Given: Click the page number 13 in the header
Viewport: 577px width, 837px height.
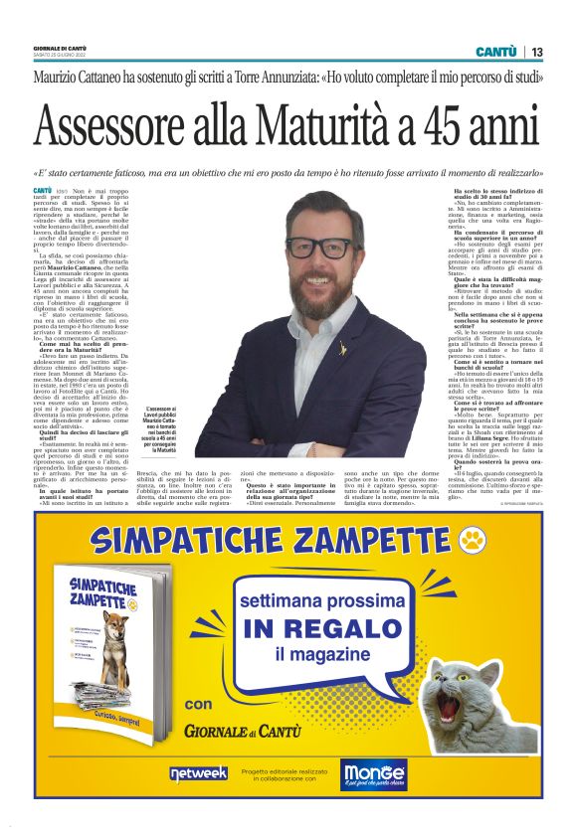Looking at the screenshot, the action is (x=537, y=52).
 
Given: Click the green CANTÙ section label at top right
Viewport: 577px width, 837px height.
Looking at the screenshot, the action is (x=494, y=52).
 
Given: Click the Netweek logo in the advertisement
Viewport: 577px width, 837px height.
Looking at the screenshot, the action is (x=199, y=772).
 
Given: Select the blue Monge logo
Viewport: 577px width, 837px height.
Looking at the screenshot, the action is (x=374, y=773).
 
